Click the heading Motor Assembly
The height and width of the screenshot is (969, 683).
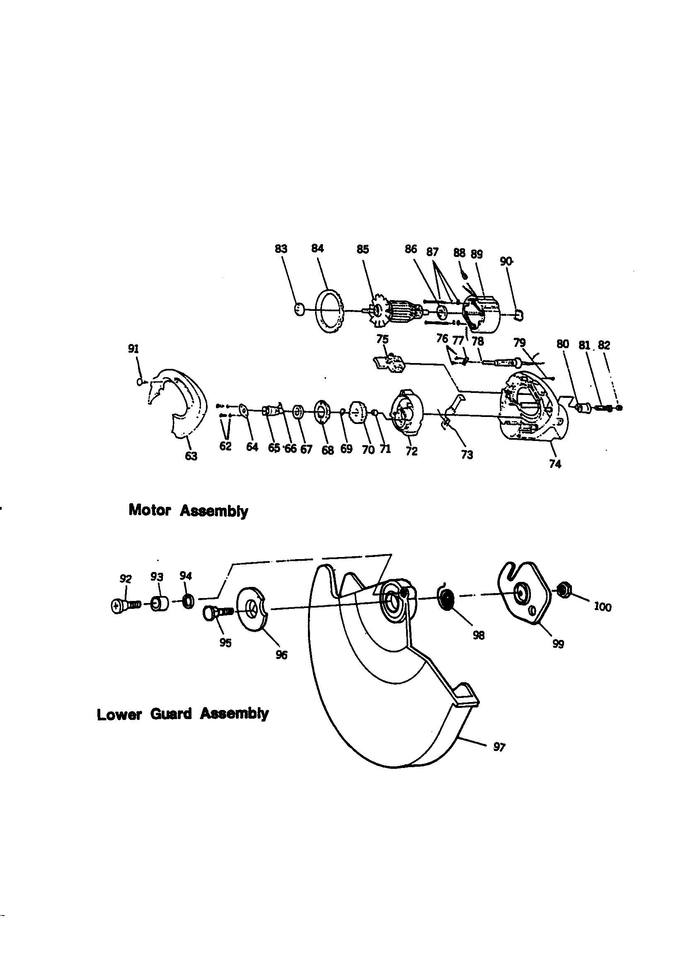coord(188,511)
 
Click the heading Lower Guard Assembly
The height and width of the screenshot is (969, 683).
coord(182,714)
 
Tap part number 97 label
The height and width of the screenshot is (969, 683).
coord(499,747)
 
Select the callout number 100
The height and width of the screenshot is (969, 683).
coord(602,607)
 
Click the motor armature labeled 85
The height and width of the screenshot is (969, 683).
coord(397,313)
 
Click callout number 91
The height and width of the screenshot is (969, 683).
coord(133,349)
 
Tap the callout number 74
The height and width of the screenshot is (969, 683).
coord(555,464)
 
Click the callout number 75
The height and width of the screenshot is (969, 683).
coord(382,339)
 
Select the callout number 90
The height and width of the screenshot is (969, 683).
coord(506,262)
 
